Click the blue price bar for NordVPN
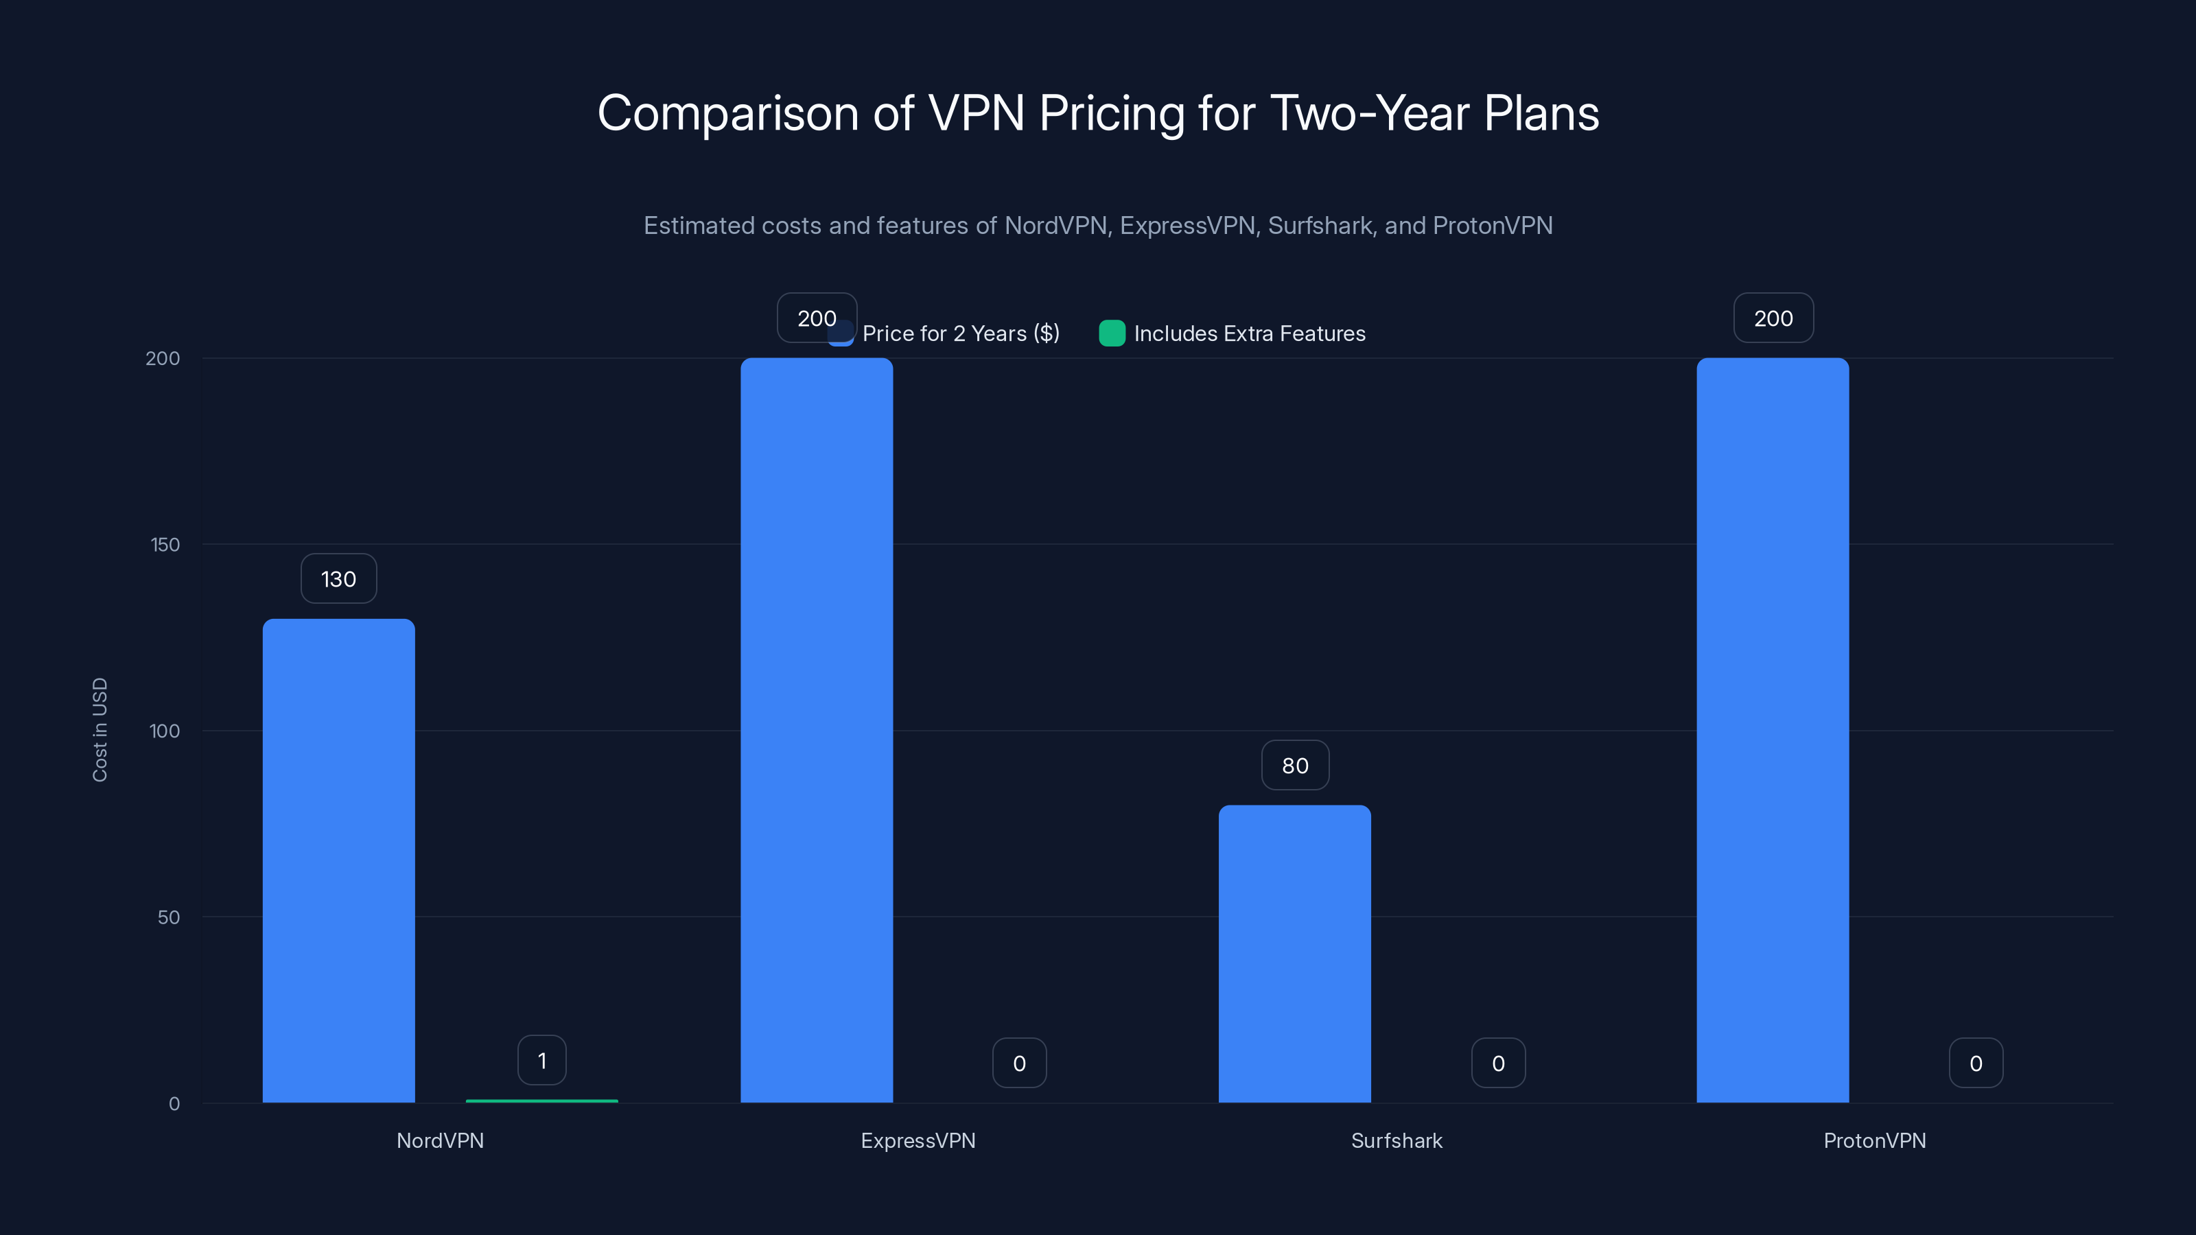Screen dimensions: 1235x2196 click(x=338, y=861)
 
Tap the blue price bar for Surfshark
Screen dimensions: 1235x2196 click(x=1294, y=954)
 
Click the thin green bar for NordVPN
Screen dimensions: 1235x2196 click(x=541, y=1101)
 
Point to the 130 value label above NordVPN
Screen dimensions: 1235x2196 click(x=338, y=578)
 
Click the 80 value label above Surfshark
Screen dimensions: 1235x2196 click(x=1295, y=766)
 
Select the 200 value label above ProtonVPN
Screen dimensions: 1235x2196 click(x=1773, y=318)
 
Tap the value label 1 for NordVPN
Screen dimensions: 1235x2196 click(x=541, y=1060)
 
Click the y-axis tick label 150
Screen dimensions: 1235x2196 click(x=165, y=545)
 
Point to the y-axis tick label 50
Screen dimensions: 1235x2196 click(x=169, y=917)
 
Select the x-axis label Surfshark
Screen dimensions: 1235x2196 click(x=1397, y=1140)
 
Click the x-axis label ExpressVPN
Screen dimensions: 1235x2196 click(x=918, y=1140)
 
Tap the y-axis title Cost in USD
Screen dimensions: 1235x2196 click(x=100, y=729)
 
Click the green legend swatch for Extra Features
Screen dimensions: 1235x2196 click(x=1112, y=333)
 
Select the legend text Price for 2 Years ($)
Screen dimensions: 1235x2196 click(x=961, y=333)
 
